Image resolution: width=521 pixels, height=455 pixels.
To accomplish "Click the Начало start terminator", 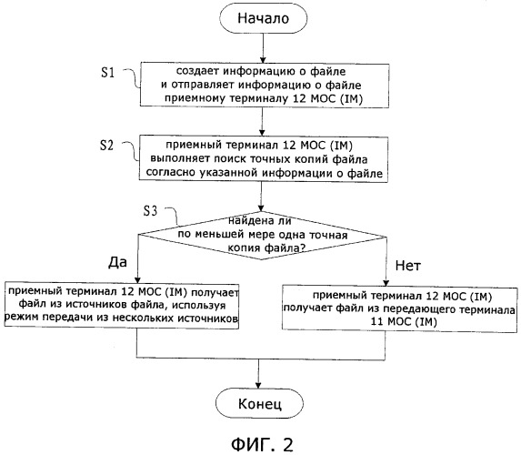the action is pyautogui.click(x=263, y=18).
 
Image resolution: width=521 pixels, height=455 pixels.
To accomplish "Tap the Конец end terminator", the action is pyautogui.click(x=259, y=403).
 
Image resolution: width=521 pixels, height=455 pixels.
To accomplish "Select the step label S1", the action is pyautogui.click(x=107, y=72).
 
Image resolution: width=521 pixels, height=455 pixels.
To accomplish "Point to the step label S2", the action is pyautogui.click(x=107, y=145).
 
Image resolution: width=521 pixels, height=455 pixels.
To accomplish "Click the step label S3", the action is pyautogui.click(x=150, y=210).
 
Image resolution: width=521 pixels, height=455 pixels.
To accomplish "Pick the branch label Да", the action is pyautogui.click(x=117, y=262).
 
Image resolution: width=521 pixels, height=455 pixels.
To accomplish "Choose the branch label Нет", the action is pyautogui.click(x=407, y=266).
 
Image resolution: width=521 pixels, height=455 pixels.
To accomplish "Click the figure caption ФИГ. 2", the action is pyautogui.click(x=262, y=444).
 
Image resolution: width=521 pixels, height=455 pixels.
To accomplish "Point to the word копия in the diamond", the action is pyautogui.click(x=244, y=248).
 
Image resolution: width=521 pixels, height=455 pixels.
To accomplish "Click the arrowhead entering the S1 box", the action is pyautogui.click(x=263, y=59).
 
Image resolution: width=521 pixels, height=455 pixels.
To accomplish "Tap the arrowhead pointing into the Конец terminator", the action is pyautogui.click(x=259, y=385).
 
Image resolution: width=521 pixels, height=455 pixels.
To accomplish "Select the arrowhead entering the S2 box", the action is pyautogui.click(x=262, y=132).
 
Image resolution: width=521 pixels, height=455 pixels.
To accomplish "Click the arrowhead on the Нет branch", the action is pyautogui.click(x=386, y=282).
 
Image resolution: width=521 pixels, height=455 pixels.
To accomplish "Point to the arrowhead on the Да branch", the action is pyautogui.click(x=137, y=280).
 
